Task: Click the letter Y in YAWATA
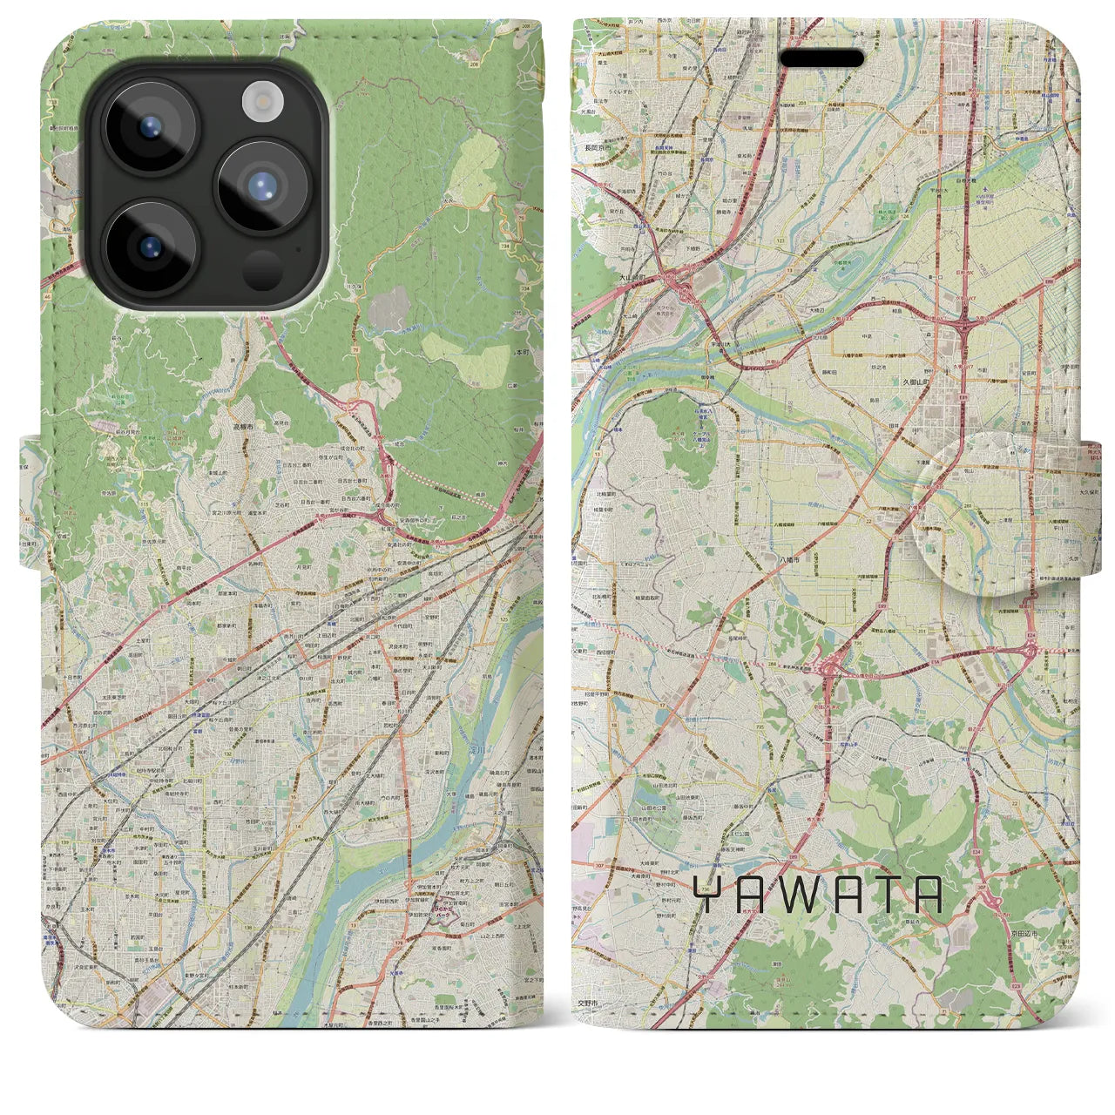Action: click(x=707, y=895)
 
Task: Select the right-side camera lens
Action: click(x=262, y=186)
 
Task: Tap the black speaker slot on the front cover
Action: click(x=821, y=58)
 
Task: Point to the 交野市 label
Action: click(x=590, y=1003)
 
